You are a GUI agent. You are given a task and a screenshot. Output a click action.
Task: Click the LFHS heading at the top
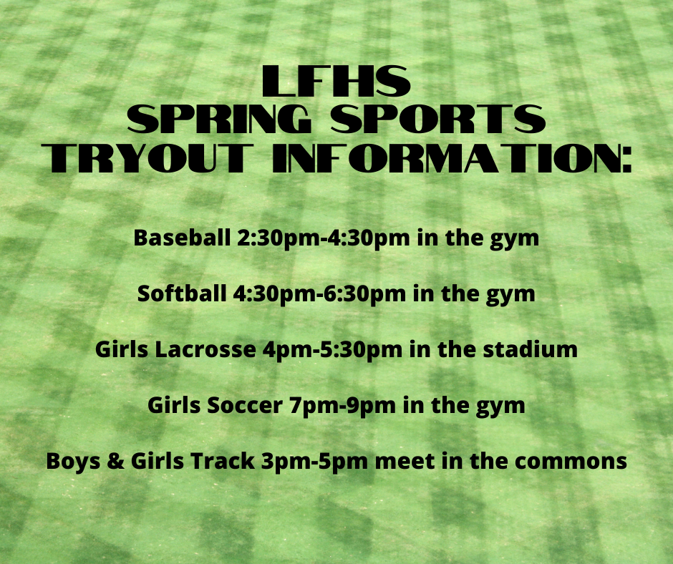[x=336, y=81]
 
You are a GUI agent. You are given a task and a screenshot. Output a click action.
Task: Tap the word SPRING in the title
[x=219, y=119]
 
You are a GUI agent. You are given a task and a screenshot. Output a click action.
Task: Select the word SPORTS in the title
[x=438, y=119]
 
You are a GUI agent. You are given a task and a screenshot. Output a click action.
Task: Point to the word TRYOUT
[x=147, y=158]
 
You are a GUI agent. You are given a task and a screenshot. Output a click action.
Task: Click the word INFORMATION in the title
[x=452, y=158]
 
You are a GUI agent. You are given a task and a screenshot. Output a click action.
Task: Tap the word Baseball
[x=182, y=238]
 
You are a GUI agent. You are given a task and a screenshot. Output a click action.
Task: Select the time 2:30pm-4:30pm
[x=324, y=238]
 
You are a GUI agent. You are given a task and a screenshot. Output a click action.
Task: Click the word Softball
[x=182, y=293]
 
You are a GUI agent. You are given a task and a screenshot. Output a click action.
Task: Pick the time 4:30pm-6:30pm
[x=319, y=294]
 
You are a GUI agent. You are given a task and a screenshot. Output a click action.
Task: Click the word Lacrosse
[x=205, y=349]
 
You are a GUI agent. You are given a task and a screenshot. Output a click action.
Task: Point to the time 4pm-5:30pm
[x=333, y=350]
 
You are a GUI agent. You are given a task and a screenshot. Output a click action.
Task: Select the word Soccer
[x=245, y=405]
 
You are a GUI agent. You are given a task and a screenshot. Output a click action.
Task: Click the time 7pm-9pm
[x=342, y=406]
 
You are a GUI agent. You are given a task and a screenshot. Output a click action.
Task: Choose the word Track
[x=223, y=460]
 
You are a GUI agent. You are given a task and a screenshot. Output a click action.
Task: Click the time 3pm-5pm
[x=314, y=462]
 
